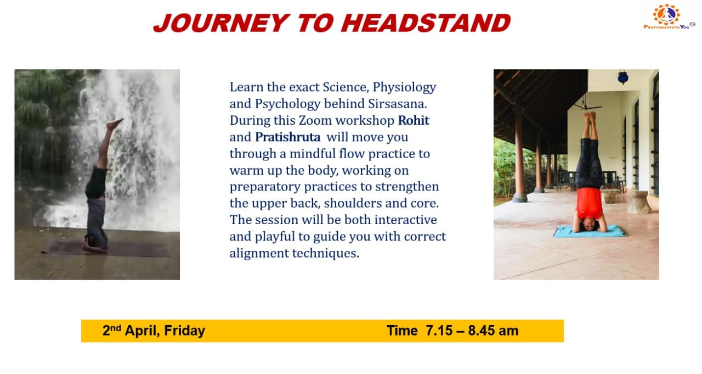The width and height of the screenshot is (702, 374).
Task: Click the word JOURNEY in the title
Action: [221, 23]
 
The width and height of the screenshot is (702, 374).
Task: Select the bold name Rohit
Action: [414, 120]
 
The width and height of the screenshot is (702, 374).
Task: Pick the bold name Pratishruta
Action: [288, 137]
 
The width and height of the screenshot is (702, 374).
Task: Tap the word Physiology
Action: [404, 87]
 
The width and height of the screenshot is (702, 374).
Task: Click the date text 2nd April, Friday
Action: [154, 331]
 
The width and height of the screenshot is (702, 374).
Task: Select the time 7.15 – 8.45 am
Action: [472, 331]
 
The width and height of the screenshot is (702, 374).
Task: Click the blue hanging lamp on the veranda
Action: [622, 77]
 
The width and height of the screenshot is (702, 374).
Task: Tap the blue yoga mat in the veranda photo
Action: [590, 232]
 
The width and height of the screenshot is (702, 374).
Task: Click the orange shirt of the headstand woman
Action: [589, 203]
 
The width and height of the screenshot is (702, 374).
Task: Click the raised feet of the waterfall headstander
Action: [115, 124]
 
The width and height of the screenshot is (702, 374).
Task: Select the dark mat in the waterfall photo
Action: [106, 249]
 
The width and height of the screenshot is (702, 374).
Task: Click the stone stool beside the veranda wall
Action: [639, 202]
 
